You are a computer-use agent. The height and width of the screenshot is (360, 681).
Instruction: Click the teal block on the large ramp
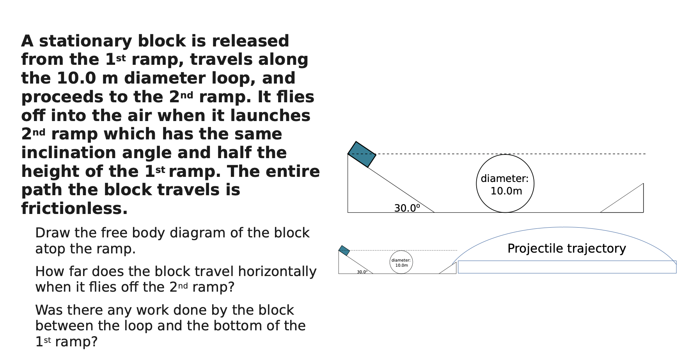362,155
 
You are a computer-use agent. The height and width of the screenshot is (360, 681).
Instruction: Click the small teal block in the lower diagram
344,251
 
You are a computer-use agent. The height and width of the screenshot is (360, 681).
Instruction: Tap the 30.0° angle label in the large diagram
407,208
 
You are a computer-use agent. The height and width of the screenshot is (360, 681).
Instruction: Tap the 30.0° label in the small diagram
362,272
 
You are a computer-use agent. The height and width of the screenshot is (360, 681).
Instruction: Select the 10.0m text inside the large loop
506,191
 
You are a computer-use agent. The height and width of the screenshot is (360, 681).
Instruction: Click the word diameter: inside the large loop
504,178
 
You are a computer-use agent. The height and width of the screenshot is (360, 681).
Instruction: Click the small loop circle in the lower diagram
401,262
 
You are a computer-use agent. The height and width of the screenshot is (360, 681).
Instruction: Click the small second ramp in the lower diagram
450,270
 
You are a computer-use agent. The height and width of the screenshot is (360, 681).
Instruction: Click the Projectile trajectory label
566,248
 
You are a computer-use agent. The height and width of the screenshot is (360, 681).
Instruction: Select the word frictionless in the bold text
74,209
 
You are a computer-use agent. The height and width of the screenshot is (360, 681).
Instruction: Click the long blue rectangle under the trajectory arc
567,267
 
